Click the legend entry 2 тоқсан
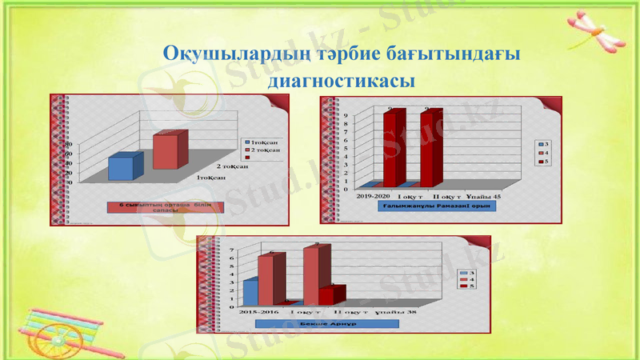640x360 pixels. pyautogui.click(x=263, y=150)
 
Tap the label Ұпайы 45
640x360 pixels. pyautogui.click(x=487, y=195)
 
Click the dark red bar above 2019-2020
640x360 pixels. pyautogui.click(x=389, y=148)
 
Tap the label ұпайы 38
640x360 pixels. pyautogui.click(x=395, y=311)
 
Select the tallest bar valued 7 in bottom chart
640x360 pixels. pyautogui.click(x=312, y=276)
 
